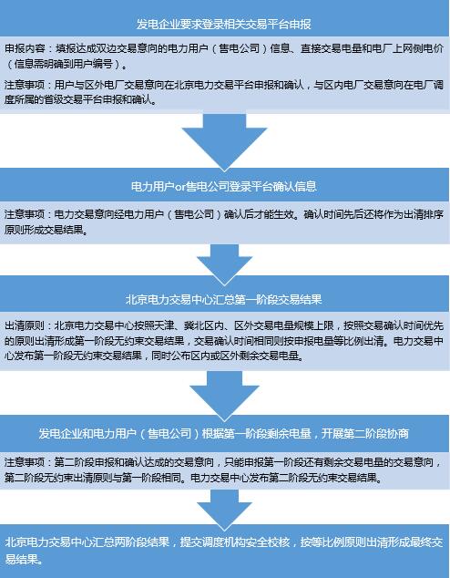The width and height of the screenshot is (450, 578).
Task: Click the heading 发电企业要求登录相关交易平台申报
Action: click(224, 24)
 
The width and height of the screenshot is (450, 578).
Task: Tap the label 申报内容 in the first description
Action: click(25, 48)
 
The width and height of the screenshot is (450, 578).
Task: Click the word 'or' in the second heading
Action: click(179, 187)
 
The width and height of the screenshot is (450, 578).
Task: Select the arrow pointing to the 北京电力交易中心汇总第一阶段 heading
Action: click(224, 264)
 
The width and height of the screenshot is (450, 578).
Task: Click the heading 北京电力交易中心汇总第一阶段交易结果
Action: click(224, 299)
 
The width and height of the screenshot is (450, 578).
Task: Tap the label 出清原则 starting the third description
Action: click(25, 325)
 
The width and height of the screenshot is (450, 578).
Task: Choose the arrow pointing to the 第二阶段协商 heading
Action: click(224, 396)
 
